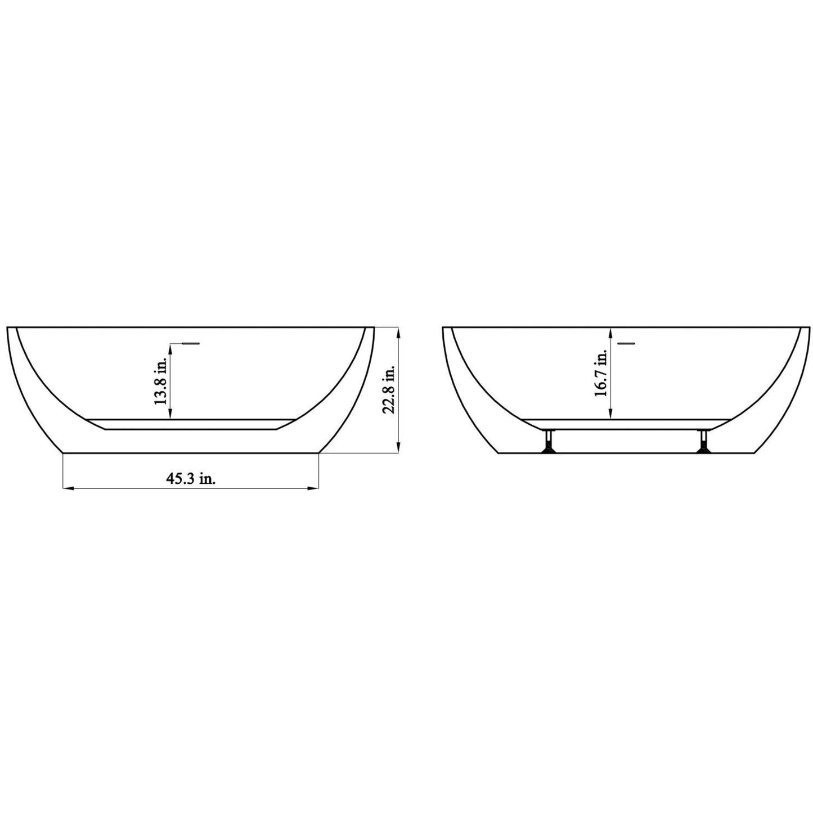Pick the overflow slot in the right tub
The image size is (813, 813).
pyautogui.click(x=626, y=342)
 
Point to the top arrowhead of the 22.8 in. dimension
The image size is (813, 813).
pyautogui.click(x=399, y=331)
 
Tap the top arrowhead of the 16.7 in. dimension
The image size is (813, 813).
pyautogui.click(x=611, y=331)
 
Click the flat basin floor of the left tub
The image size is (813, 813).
pyautogui.click(x=191, y=424)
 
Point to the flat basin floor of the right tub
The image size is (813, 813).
pyautogui.click(x=625, y=424)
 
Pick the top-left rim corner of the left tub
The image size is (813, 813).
pyautogui.click(x=8, y=327)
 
